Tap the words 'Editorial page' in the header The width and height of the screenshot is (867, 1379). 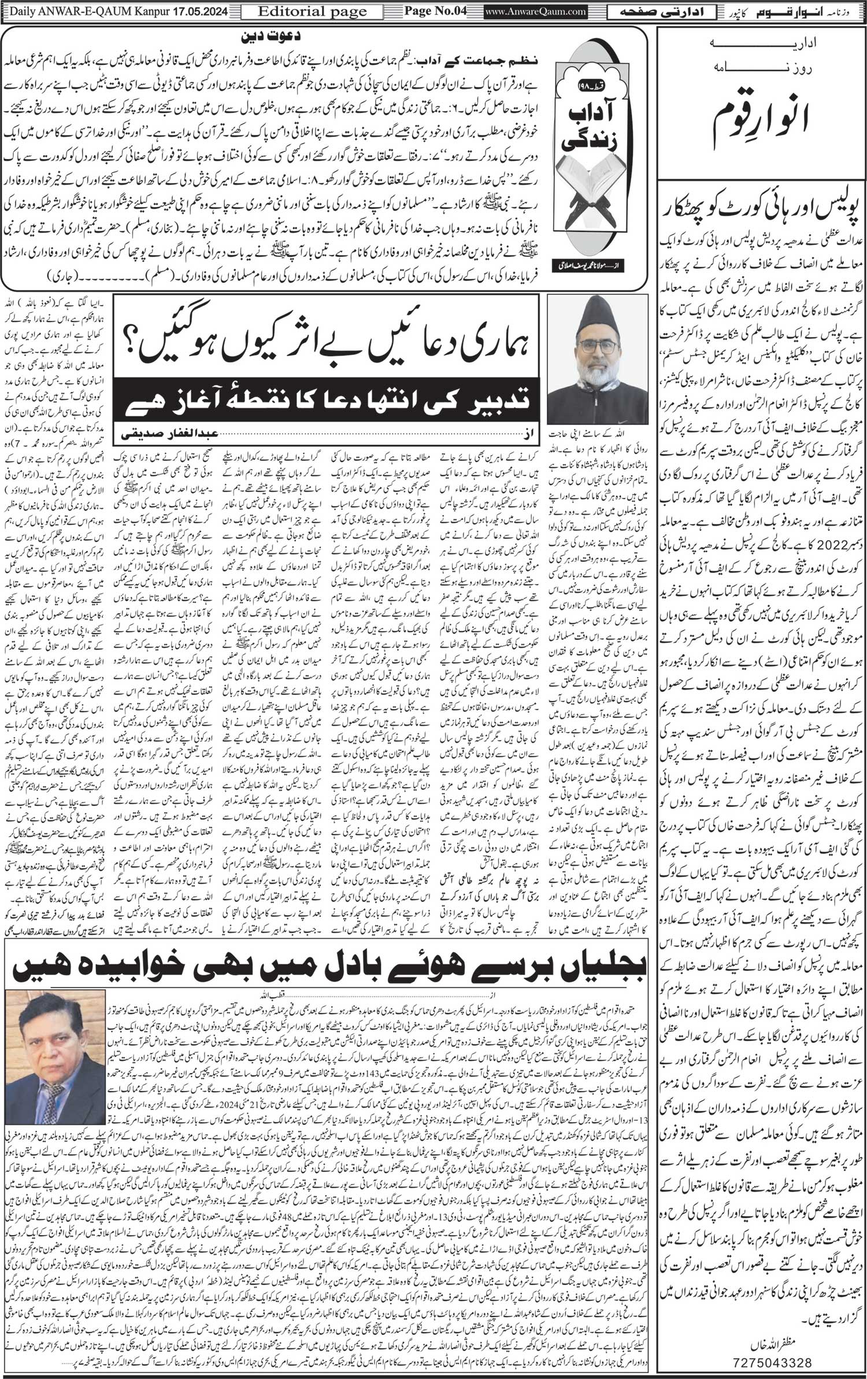coord(305,12)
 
